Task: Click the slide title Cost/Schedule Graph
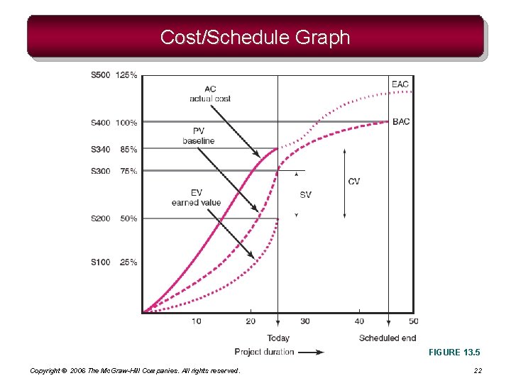click(x=255, y=37)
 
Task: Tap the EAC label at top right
click(x=400, y=84)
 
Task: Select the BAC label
click(x=401, y=122)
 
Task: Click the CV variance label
click(x=354, y=182)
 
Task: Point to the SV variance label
click(x=305, y=194)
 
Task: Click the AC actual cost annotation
click(x=210, y=94)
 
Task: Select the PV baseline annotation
click(x=199, y=136)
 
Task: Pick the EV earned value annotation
click(x=196, y=198)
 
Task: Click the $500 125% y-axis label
click(x=114, y=75)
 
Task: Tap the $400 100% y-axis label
click(x=114, y=123)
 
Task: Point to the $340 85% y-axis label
click(x=114, y=150)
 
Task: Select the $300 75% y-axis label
click(x=114, y=171)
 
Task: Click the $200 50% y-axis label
click(x=114, y=218)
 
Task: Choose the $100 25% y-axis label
click(x=114, y=262)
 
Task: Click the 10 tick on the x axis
click(x=196, y=321)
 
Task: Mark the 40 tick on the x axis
click(x=359, y=321)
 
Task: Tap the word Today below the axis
click(x=278, y=338)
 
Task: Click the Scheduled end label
click(x=388, y=338)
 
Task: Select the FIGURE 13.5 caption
click(x=454, y=352)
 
